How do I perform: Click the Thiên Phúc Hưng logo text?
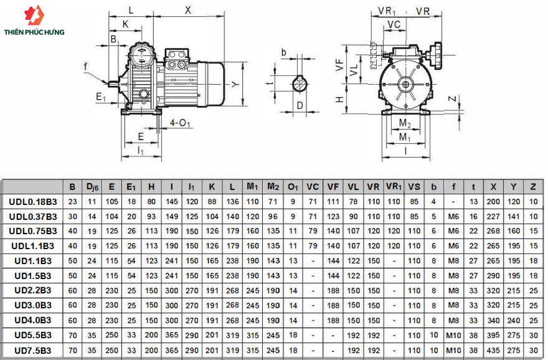tap(34, 32)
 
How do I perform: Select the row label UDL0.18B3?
tap(33, 202)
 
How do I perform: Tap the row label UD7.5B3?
tap(33, 350)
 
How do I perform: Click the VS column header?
tap(413, 187)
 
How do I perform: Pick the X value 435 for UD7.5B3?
tap(493, 350)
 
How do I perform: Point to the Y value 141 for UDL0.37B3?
tap(513, 216)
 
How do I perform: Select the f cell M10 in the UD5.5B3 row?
tap(453, 336)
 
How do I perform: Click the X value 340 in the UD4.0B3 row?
tap(493, 321)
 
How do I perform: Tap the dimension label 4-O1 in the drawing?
tap(179, 123)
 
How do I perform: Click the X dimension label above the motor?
tap(188, 10)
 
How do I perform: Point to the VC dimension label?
tap(394, 24)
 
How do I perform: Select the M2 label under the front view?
tap(405, 123)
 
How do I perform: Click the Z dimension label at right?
tap(452, 99)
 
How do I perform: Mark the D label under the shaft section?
tap(300, 105)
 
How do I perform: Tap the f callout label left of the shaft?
tap(86, 67)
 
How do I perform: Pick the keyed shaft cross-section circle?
tap(300, 83)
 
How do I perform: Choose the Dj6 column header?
tap(92, 187)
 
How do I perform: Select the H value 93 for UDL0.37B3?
tap(151, 216)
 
